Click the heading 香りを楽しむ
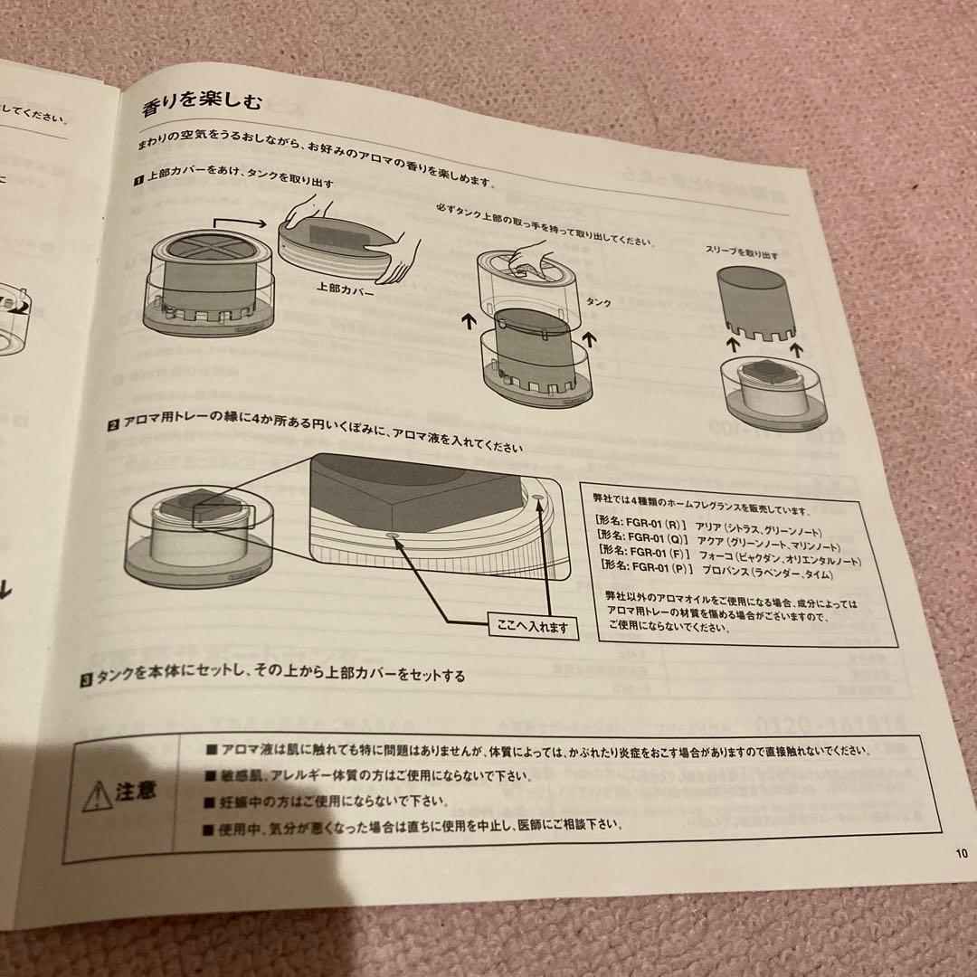[203, 105]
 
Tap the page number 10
[960, 851]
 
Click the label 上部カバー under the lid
[345, 289]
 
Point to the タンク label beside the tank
[598, 301]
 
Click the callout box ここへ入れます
[533, 625]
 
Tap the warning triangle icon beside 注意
[97, 797]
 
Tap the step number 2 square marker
[114, 423]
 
